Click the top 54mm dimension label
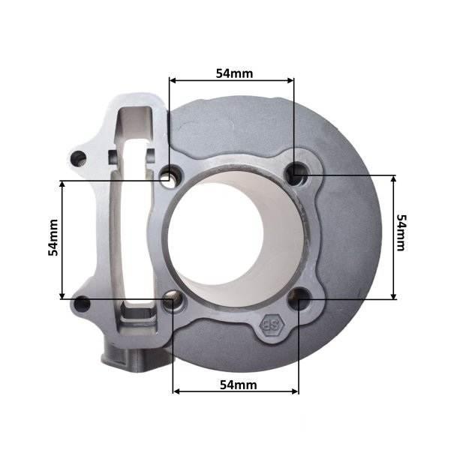(234, 73)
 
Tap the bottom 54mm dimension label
(239, 385)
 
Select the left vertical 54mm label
(53, 238)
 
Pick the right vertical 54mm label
(401, 232)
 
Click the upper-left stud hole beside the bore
(170, 176)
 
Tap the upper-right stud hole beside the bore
(296, 173)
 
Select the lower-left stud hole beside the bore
(173, 300)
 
